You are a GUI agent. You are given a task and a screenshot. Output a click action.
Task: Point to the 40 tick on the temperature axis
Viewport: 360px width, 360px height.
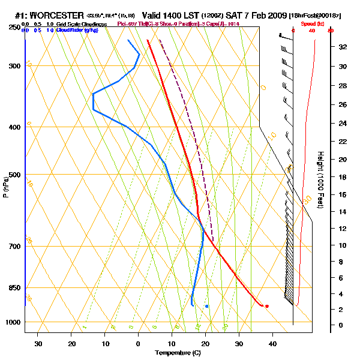click(272, 344)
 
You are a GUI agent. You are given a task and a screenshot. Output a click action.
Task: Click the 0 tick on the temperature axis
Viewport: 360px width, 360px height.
click(139, 344)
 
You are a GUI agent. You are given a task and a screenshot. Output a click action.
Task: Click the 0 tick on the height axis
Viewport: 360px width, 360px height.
click(341, 325)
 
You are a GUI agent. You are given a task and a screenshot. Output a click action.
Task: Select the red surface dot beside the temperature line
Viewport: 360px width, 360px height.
click(267, 306)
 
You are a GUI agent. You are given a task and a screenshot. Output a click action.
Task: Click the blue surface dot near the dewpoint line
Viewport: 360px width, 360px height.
click(206, 306)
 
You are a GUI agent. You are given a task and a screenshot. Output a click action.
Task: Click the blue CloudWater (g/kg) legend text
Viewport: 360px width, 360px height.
click(77, 29)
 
